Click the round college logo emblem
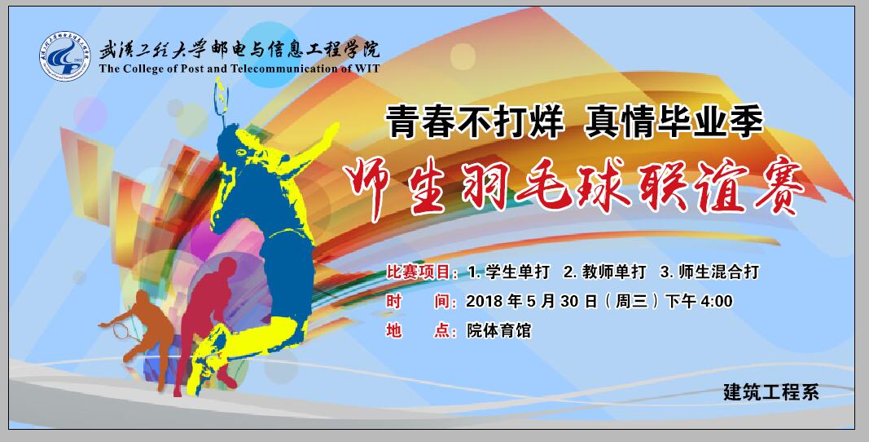[x=64, y=56]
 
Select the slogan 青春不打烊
[x=475, y=122]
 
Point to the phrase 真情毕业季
[x=674, y=122]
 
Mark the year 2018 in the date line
[x=485, y=302]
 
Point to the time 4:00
[x=717, y=302]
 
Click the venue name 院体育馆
[x=498, y=331]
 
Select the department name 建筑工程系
[x=771, y=392]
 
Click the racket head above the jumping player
[x=222, y=100]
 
